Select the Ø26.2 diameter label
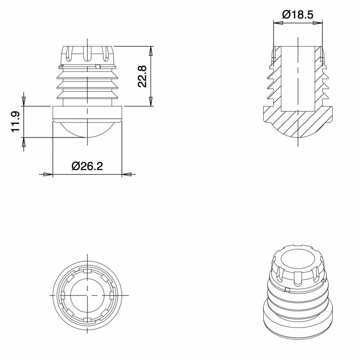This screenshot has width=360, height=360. click(x=87, y=166)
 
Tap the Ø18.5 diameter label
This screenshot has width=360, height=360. click(x=297, y=14)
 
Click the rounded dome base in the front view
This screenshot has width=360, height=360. click(x=87, y=130)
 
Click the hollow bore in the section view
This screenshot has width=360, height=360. click(x=297, y=76)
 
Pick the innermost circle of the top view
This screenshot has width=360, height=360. click(x=87, y=295)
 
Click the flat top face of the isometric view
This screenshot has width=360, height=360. click(x=297, y=259)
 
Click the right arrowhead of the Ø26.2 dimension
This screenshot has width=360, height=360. click(x=127, y=174)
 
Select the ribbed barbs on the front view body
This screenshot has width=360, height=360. click(x=87, y=83)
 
